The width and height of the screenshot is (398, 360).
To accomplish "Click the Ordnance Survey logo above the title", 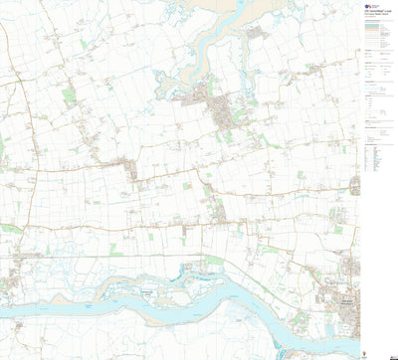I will coord(371,5).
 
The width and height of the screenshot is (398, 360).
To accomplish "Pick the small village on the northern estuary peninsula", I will coord(258,34).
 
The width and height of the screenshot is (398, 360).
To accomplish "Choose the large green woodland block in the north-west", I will coord(68,96).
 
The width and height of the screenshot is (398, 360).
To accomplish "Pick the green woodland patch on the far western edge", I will coord(3,149).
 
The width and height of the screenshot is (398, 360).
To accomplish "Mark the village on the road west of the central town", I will coord(130,169).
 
